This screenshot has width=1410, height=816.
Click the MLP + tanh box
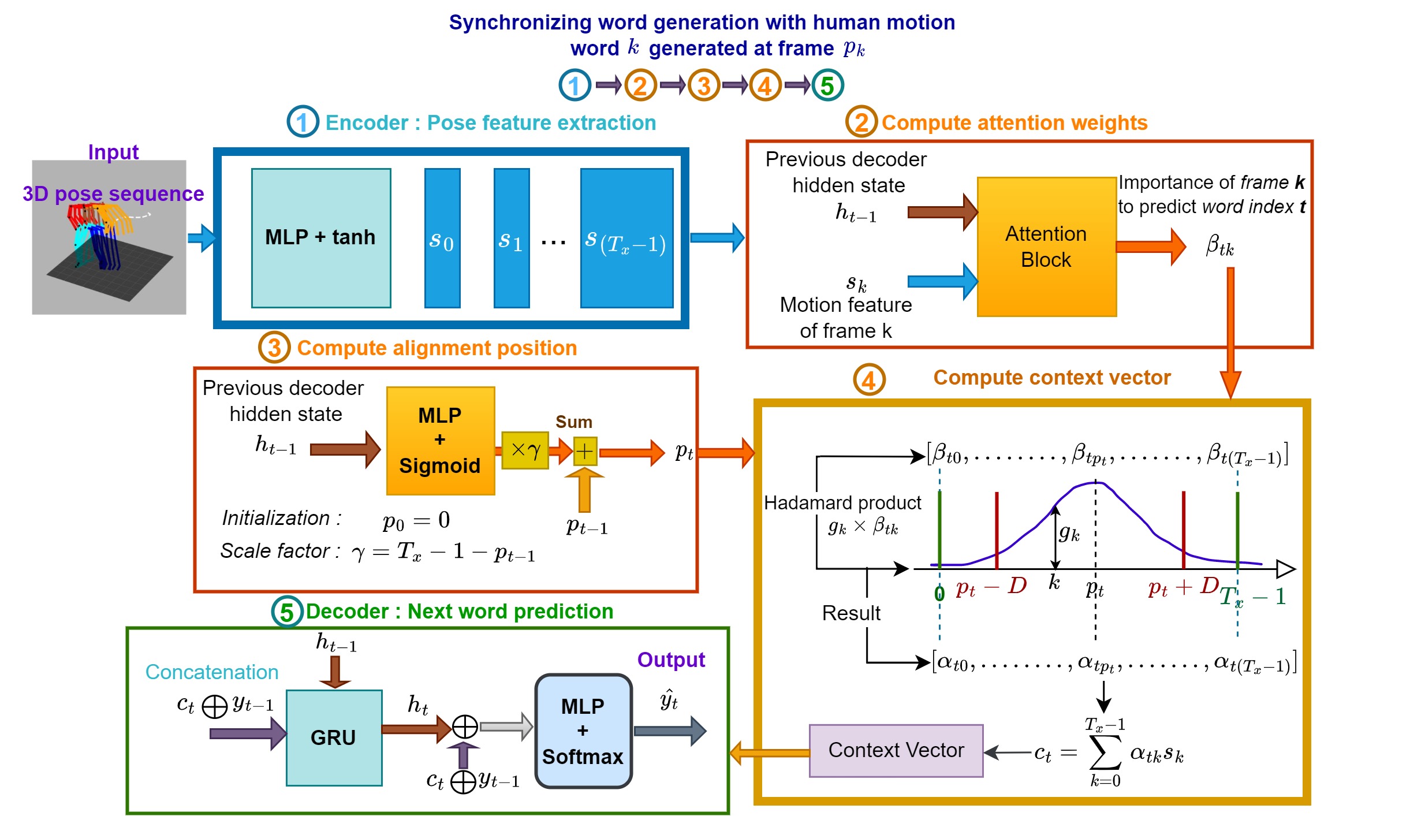click(321, 238)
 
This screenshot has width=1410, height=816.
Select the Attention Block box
click(1046, 247)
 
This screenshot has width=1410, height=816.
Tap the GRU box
click(334, 737)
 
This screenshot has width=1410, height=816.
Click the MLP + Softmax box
click(583, 731)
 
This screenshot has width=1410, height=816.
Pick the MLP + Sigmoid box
click(440, 441)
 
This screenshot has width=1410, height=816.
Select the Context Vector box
click(896, 750)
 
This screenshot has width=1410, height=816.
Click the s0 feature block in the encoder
click(442, 238)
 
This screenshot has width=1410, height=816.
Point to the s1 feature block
click(512, 238)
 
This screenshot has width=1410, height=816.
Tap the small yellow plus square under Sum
click(584, 451)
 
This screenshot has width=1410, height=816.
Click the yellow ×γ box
click(525, 450)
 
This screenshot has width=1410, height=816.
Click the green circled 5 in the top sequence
click(827, 85)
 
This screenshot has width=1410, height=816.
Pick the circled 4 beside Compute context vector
click(869, 379)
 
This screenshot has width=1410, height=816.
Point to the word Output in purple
click(671, 659)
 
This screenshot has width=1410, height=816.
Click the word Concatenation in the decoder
click(212, 672)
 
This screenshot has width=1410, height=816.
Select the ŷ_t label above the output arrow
click(669, 699)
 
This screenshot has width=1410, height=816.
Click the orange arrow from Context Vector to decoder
click(770, 752)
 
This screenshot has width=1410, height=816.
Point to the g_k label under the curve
click(1069, 532)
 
